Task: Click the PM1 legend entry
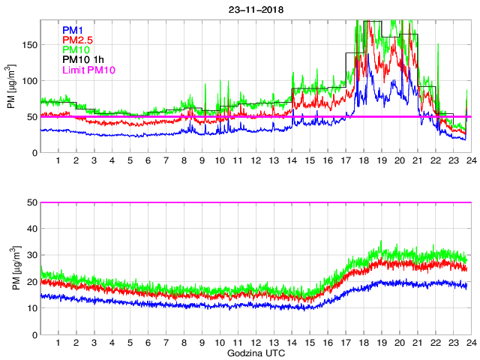[73, 30]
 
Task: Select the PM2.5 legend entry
[77, 40]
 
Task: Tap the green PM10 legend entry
[76, 49]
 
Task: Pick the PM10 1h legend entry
[82, 60]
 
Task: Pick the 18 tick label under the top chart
[363, 160]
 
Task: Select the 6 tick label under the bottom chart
[148, 343]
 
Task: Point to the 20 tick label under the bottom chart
[399, 343]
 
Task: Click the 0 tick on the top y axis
[34, 153]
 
